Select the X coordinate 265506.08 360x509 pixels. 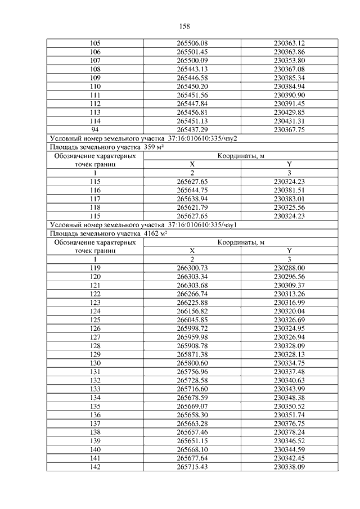point(192,43)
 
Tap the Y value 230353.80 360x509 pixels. point(289,60)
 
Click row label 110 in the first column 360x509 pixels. point(95,86)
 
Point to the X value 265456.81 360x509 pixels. point(192,112)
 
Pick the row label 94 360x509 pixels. point(95,129)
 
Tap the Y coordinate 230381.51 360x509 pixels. point(289,190)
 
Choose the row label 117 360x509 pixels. point(95,199)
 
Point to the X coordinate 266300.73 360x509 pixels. point(192,268)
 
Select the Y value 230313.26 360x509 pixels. point(289,294)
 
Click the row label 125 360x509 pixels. point(95,319)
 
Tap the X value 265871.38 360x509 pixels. point(192,354)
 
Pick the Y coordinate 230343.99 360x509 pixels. point(289,389)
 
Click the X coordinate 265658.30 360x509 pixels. point(192,415)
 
